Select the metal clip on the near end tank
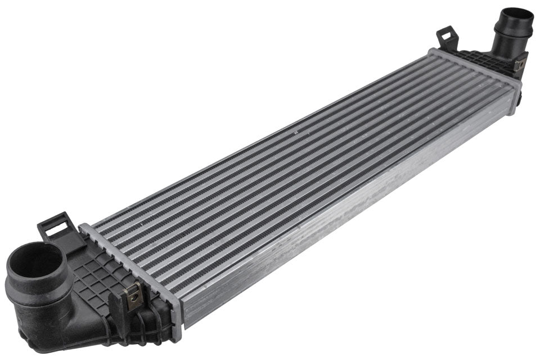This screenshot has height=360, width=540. coord(133,296)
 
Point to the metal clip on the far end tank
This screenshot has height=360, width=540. coord(520,63)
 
